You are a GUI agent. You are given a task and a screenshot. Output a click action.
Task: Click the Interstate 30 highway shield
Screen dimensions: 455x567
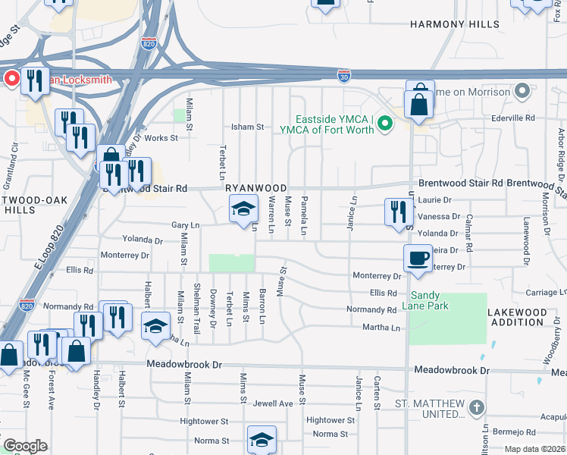coord(344,74)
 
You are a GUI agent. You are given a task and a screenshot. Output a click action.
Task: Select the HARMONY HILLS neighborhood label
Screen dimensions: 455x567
coord(455,24)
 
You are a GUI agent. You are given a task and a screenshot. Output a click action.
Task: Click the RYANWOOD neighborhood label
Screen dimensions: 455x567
coord(255,188)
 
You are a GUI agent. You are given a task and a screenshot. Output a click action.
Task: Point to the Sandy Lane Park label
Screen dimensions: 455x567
coord(440,300)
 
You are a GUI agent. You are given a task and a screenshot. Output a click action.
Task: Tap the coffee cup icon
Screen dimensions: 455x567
coord(418,258)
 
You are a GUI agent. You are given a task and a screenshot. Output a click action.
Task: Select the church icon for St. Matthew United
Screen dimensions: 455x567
coord(476,408)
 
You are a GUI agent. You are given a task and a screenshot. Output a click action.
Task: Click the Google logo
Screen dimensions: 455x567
coord(25,446)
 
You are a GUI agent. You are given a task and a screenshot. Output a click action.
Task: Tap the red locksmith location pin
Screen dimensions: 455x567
coord(11,78)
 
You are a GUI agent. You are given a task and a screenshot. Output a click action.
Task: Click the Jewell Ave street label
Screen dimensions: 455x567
coord(273,403)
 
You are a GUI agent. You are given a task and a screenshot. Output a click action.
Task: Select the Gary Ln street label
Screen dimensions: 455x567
coord(185,225)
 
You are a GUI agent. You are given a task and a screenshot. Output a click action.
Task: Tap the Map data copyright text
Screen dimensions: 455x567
coord(534,449)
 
